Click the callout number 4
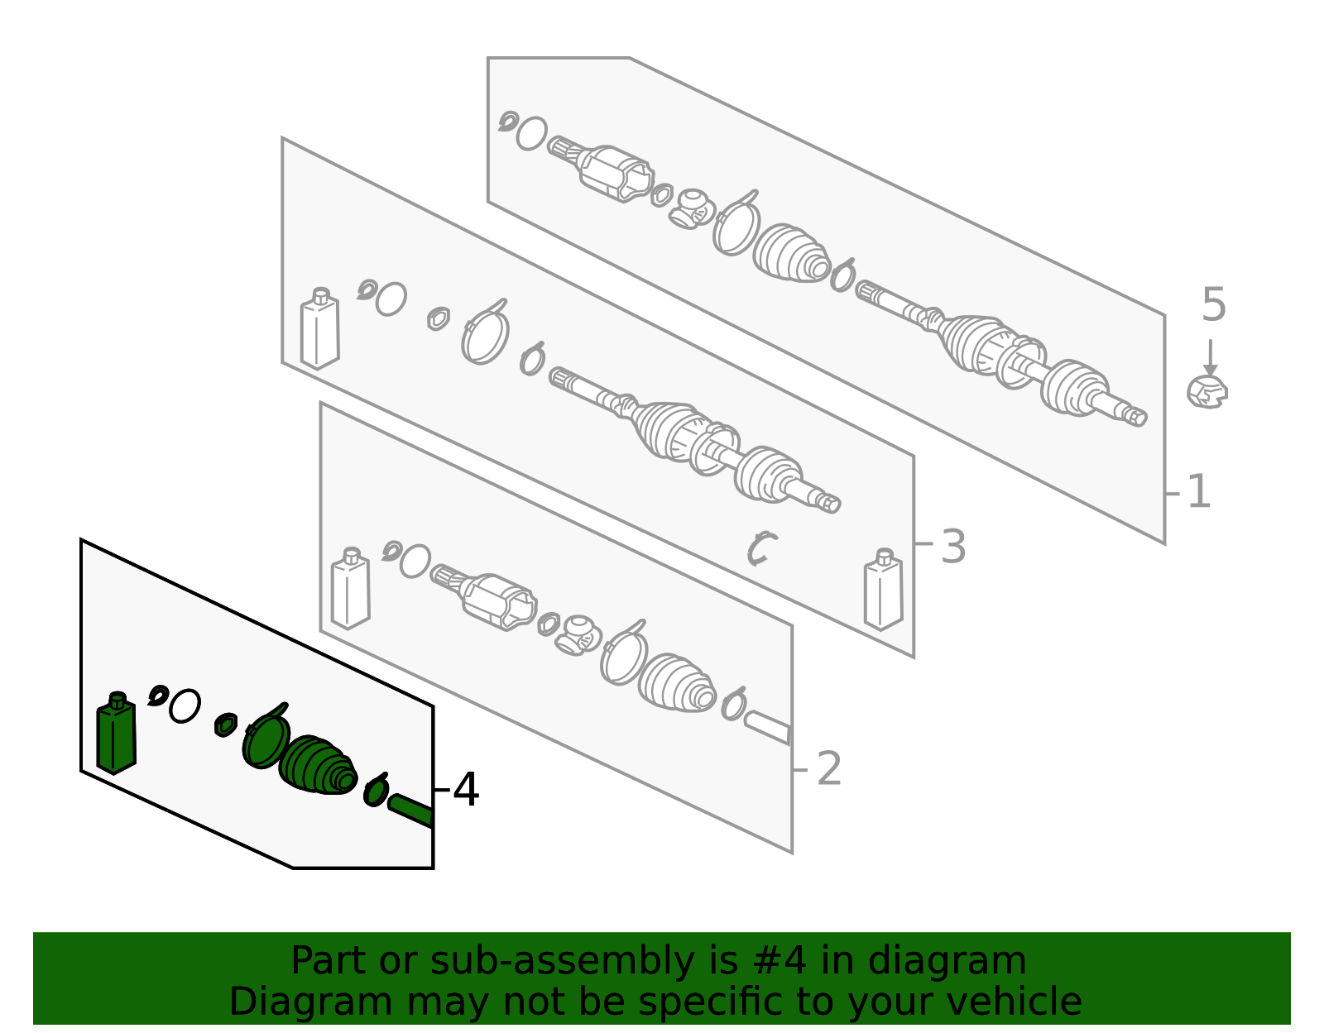tap(466, 790)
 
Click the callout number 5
tap(1213, 305)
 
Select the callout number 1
tap(1199, 492)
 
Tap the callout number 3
tap(953, 547)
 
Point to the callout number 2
tap(828, 769)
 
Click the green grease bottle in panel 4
tap(117, 733)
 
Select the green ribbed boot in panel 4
tap(318, 765)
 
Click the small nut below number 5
tap(1207, 392)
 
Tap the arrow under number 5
tap(1210, 357)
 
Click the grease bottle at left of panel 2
tap(350, 588)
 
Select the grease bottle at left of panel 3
tap(320, 328)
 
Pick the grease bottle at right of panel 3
tap(884, 590)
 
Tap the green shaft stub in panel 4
tap(410, 811)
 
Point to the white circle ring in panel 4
tap(185, 706)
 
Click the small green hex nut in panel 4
tap(226, 725)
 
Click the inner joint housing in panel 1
tap(616, 174)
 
